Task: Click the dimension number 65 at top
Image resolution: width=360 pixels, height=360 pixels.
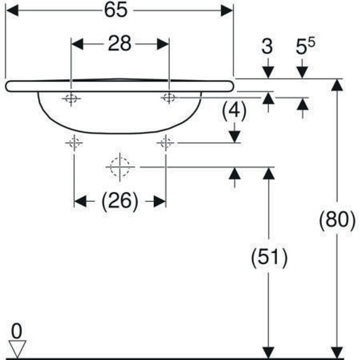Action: pos(116,11)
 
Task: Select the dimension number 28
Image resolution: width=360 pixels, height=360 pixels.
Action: pos(120,44)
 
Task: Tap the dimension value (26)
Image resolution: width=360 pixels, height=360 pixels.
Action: pos(120,202)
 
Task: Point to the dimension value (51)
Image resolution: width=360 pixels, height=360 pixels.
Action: pos(269,258)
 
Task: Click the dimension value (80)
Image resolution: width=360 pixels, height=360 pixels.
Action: pos(337,220)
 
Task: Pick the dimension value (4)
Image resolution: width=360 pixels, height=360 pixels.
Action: pos(234,111)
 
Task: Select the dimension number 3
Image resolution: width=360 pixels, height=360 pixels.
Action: pos(268,47)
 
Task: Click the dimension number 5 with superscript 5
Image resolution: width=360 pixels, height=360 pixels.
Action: pos(304,47)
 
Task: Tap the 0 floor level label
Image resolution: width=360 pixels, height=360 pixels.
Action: pos(16,331)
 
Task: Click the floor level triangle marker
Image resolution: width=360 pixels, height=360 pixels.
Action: pos(18,349)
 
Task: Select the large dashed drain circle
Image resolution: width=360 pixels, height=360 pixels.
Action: pos(120,167)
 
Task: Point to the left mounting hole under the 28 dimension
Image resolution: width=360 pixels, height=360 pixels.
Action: pos(71,98)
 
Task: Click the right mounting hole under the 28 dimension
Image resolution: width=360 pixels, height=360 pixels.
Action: pos(169,97)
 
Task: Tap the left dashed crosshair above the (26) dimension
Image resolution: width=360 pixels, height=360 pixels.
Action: pos(74,143)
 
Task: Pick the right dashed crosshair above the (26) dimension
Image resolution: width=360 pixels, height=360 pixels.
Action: pos(166,143)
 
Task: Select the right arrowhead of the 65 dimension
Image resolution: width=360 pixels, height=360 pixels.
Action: pos(226,11)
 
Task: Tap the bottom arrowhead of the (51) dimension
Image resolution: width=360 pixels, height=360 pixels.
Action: pos(269,352)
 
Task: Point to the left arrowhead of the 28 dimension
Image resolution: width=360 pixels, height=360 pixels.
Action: pos(77,44)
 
